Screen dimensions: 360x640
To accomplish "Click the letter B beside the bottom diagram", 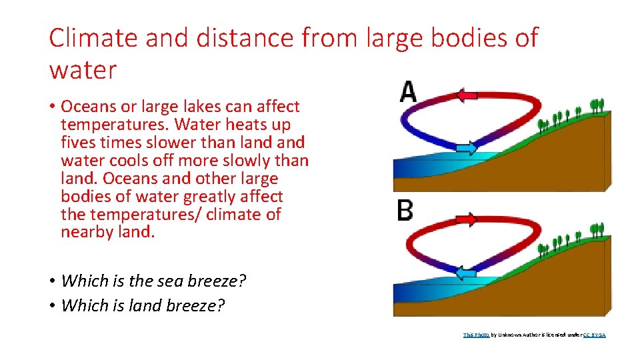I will [x=405, y=211].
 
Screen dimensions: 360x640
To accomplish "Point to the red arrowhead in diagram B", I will [x=467, y=219].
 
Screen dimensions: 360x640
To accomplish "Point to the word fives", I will [x=79, y=143].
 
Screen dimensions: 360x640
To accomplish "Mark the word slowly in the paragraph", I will [x=251, y=161].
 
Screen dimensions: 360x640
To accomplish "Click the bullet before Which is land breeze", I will [x=52, y=305].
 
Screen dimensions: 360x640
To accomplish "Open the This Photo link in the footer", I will [x=476, y=335].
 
